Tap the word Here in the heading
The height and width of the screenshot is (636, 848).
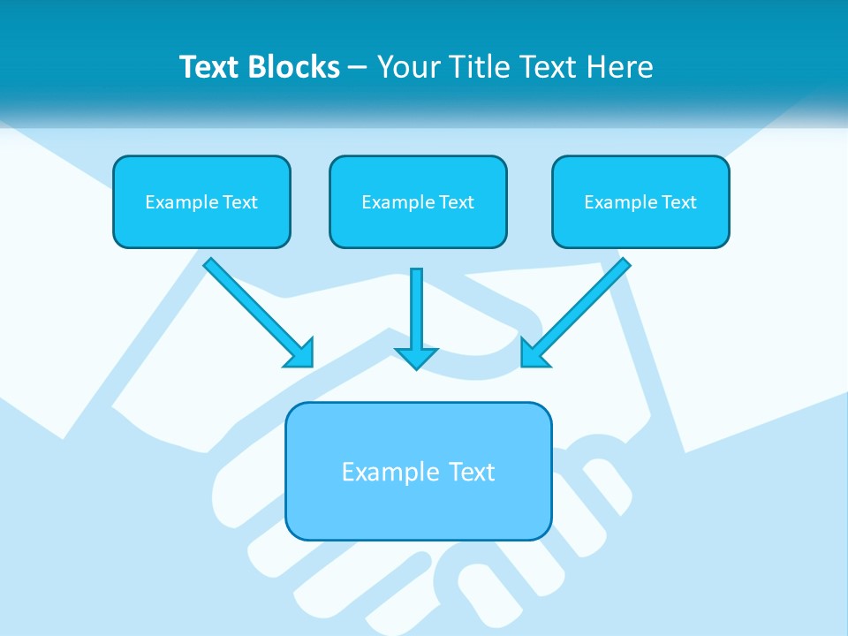pos(618,67)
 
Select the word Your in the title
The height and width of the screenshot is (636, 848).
pos(409,67)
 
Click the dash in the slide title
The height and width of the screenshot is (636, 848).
pos(358,67)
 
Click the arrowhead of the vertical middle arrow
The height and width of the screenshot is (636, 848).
pos(416,358)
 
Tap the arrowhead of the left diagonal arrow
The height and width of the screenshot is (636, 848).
pos(300,353)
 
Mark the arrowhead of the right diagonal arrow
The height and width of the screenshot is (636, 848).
pos(534,353)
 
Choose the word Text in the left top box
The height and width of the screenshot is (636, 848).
pos(239,202)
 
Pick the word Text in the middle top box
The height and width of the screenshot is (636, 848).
pos(456,202)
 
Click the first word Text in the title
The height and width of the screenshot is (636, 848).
pos(209,67)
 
